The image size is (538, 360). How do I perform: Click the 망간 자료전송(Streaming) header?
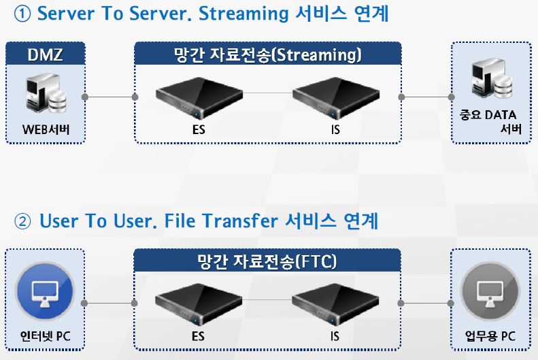point(267,54)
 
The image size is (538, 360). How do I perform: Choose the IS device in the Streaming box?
point(335,97)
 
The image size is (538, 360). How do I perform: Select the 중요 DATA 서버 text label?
point(490,122)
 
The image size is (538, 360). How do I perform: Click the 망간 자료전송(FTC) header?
point(267,261)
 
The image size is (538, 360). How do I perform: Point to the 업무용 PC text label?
point(490,336)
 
